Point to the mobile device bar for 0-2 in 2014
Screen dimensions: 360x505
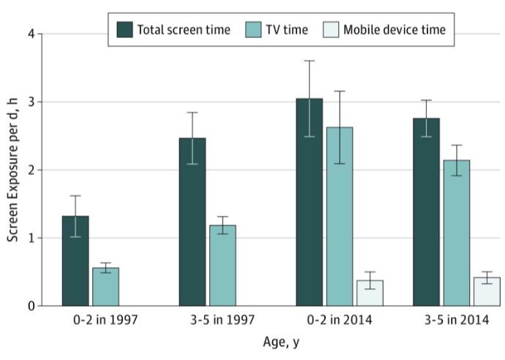370,293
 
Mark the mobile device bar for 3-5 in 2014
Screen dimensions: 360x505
487,292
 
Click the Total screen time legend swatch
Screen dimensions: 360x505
124,30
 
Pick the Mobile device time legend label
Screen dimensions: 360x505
394,30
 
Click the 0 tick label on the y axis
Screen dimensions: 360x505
31,306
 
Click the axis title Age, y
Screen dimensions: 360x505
281,342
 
